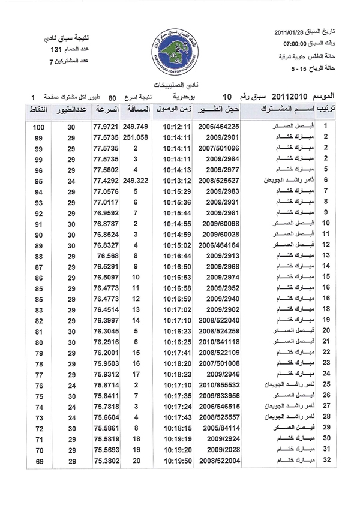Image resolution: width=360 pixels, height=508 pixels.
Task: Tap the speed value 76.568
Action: coord(109,255)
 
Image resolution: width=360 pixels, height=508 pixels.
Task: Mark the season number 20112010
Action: coord(290,96)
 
